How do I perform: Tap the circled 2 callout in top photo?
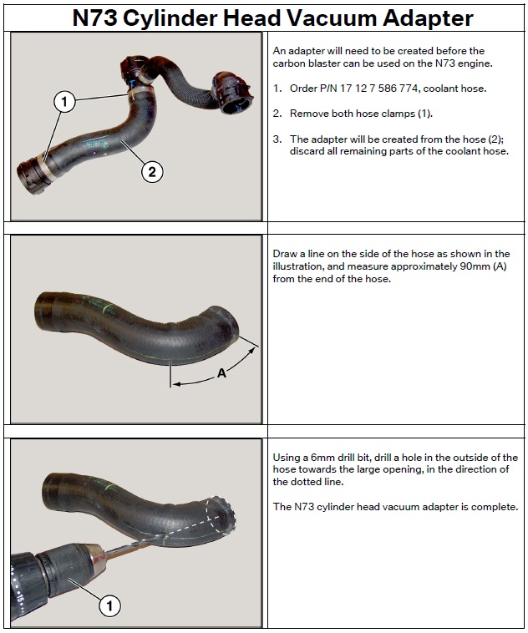[152, 172]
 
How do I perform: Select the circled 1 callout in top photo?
[64, 101]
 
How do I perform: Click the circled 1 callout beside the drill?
[109, 605]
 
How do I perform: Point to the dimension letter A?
[221, 373]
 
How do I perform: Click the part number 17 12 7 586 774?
[379, 89]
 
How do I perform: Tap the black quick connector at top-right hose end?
[231, 92]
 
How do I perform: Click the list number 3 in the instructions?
[277, 139]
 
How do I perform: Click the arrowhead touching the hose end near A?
[251, 352]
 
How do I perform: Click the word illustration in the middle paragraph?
[297, 266]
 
